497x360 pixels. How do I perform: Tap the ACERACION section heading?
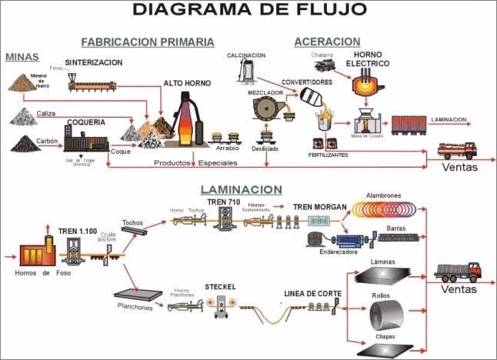click(x=326, y=42)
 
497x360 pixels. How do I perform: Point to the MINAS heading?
click(x=22, y=57)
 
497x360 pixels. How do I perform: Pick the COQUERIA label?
click(x=85, y=122)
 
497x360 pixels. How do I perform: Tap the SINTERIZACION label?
click(x=95, y=62)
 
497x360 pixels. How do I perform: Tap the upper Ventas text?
click(x=459, y=166)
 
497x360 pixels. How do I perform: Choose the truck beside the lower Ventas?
click(x=457, y=271)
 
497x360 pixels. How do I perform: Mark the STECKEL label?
click(x=220, y=287)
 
